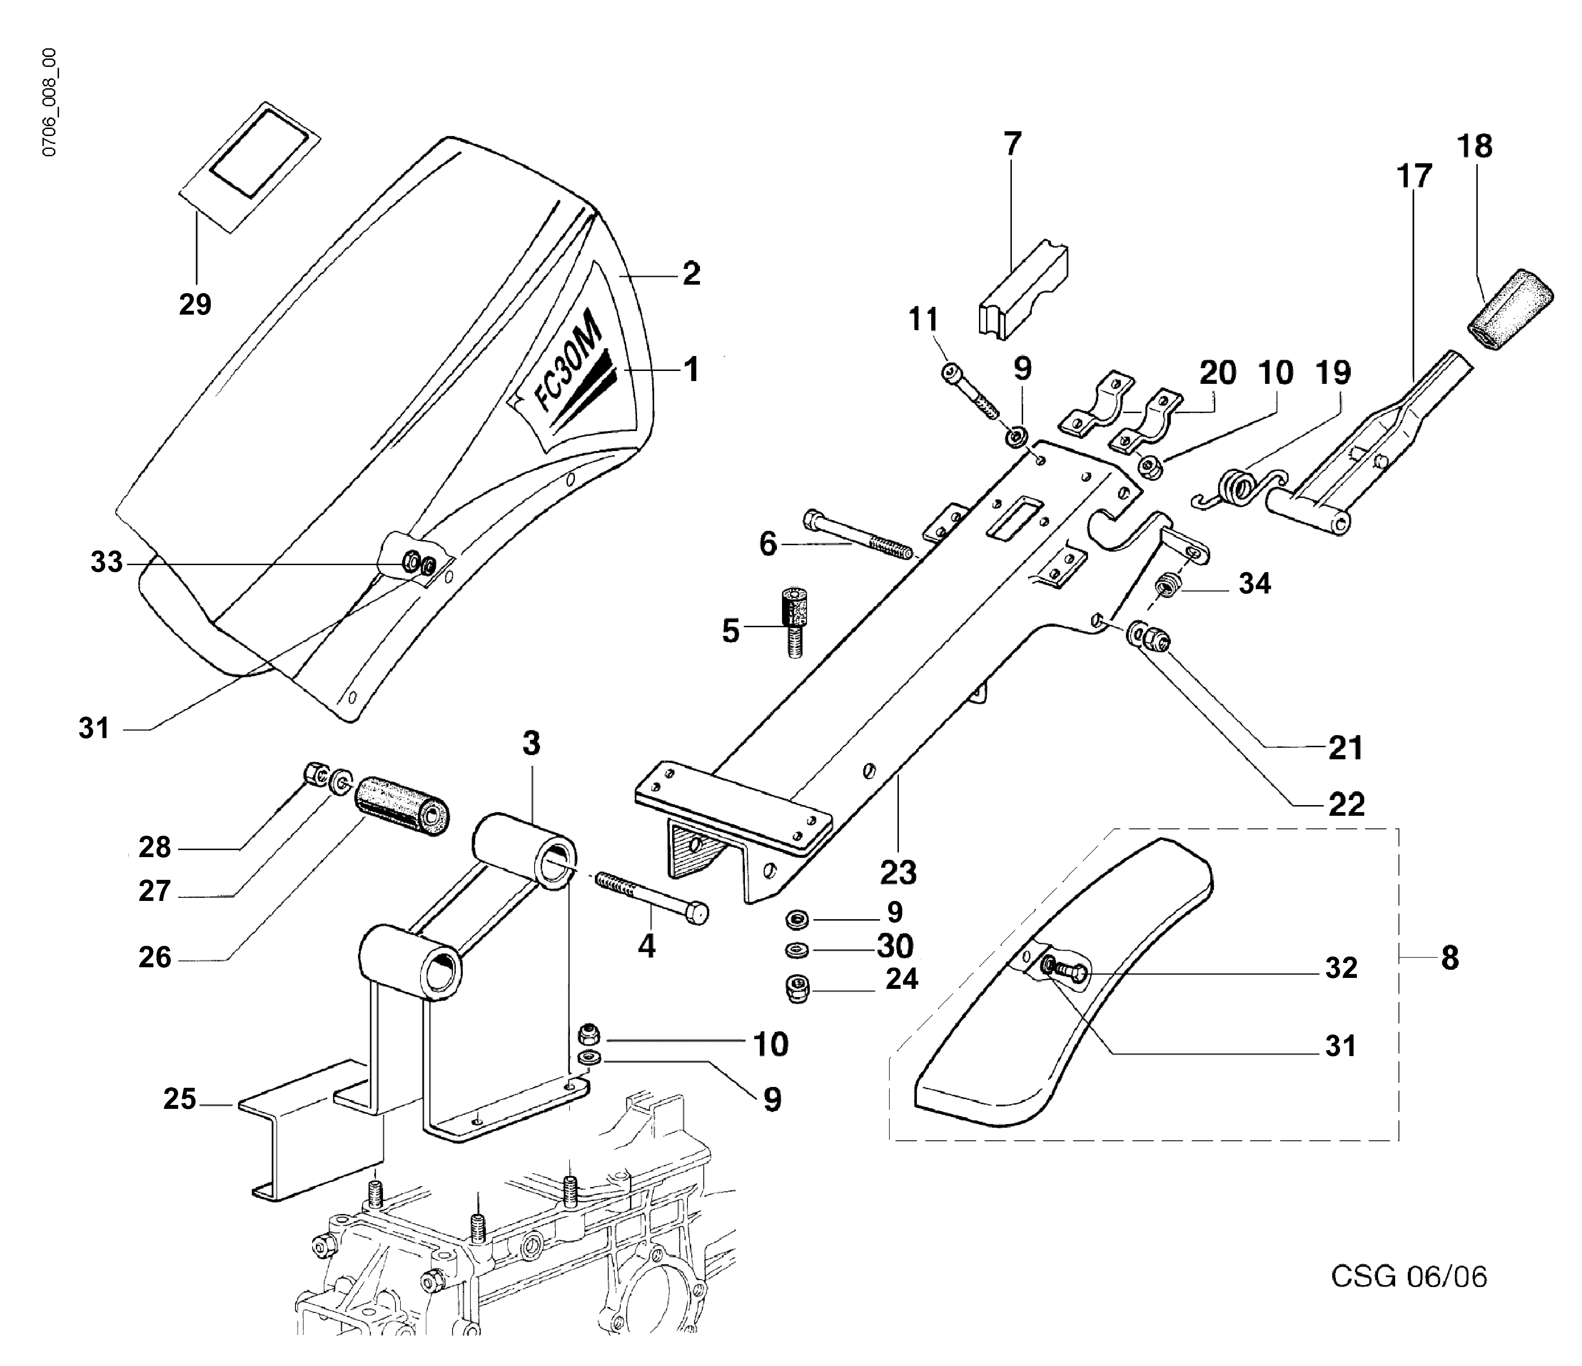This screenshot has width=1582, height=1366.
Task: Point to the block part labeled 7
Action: tap(1023, 290)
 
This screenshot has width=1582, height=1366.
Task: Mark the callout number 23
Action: tap(898, 872)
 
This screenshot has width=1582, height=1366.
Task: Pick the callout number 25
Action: tap(180, 1100)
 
